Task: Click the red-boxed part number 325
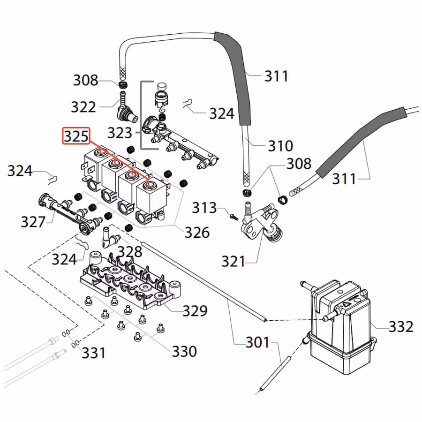pyautogui.click(x=76, y=136)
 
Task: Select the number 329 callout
pyautogui.click(x=195, y=310)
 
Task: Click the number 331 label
pyautogui.click(x=94, y=352)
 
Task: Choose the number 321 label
pyautogui.click(x=233, y=261)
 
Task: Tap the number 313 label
pyautogui.click(x=204, y=208)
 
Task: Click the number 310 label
pyautogui.click(x=280, y=146)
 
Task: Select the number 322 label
pyautogui.click(x=83, y=107)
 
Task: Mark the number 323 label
pyautogui.click(x=120, y=133)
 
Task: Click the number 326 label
pyautogui.click(x=196, y=232)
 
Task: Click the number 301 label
pyautogui.click(x=258, y=343)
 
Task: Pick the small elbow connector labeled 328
pyautogui.click(x=107, y=237)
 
